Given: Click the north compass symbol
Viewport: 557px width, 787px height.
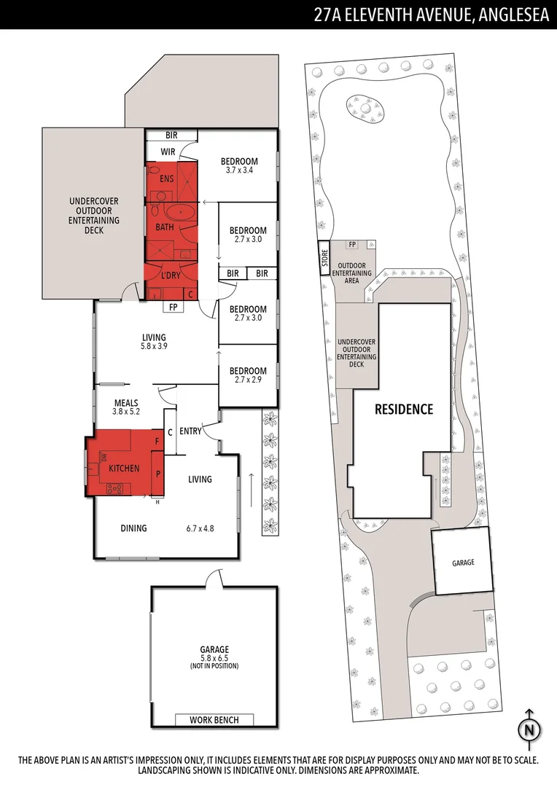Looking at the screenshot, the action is pyautogui.click(x=529, y=729).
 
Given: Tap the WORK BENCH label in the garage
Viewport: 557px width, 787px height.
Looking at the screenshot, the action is pyautogui.click(x=214, y=720).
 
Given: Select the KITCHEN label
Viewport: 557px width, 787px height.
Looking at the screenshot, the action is pyautogui.click(x=124, y=469).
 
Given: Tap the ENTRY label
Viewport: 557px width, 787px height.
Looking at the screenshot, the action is pyautogui.click(x=190, y=431).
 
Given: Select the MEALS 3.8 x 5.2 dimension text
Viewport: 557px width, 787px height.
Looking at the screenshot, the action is pyautogui.click(x=125, y=412).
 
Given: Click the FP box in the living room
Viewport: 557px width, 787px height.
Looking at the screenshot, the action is pyautogui.click(x=174, y=308).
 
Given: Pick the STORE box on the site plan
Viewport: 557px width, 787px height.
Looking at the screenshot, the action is pyautogui.click(x=325, y=259).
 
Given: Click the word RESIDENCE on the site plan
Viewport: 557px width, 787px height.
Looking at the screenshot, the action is pyautogui.click(x=404, y=410).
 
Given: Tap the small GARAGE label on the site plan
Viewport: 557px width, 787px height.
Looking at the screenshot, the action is pyautogui.click(x=463, y=563).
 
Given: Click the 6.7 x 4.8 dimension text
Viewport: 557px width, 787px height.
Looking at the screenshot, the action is pyautogui.click(x=200, y=528).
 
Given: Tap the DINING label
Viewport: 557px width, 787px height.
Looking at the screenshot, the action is pyautogui.click(x=133, y=528).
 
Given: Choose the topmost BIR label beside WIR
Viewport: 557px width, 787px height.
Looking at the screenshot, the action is pyautogui.click(x=171, y=135).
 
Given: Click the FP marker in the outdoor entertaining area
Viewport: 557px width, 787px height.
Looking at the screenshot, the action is pyautogui.click(x=352, y=245).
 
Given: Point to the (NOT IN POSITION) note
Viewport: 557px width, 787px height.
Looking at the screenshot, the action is pyautogui.click(x=214, y=666).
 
